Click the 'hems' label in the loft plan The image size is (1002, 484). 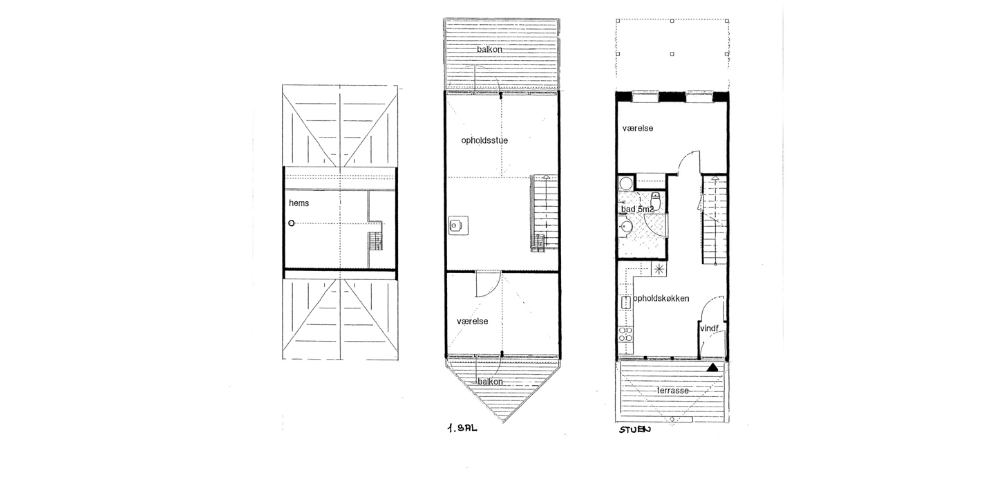pos(299,203)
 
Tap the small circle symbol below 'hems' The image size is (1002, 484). pos(292,223)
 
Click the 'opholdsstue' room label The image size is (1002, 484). pos(484,140)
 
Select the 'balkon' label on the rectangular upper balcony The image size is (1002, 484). pos(489,50)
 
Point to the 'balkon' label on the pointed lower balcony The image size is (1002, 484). pos(490,382)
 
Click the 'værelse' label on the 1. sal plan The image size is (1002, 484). pos(473,322)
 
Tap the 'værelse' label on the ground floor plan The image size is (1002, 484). pos(638,129)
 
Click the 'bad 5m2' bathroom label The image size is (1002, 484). pos(637,209)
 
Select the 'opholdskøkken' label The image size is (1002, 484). pos(661,299)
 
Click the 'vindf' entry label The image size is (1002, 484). pos(709,328)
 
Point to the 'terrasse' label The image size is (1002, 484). pos(673,391)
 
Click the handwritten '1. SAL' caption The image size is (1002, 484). pos(462,428)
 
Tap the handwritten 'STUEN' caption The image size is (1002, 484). pos(635,430)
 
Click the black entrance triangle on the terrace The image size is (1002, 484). pos(712,368)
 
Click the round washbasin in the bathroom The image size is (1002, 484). pos(625,227)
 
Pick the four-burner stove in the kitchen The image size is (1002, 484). pos(625,335)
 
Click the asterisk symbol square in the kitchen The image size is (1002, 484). pos(659,269)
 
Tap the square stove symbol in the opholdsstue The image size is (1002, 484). pos(459,225)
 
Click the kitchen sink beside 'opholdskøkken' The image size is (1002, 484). pos(625,303)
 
